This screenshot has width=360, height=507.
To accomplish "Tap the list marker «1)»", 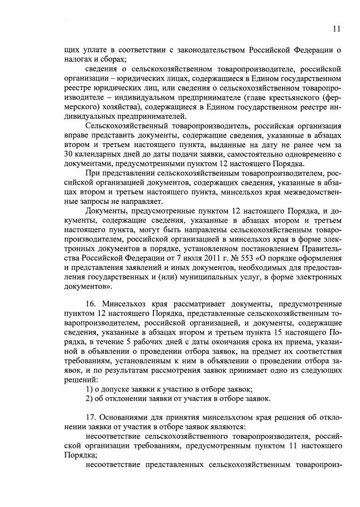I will (89, 389).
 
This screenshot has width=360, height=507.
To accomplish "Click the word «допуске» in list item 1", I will (117, 389).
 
